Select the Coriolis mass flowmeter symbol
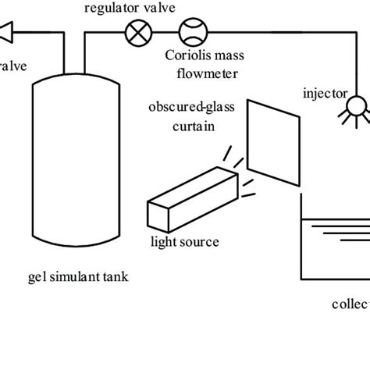tap(190, 32)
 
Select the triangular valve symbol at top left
tap(7, 32)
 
